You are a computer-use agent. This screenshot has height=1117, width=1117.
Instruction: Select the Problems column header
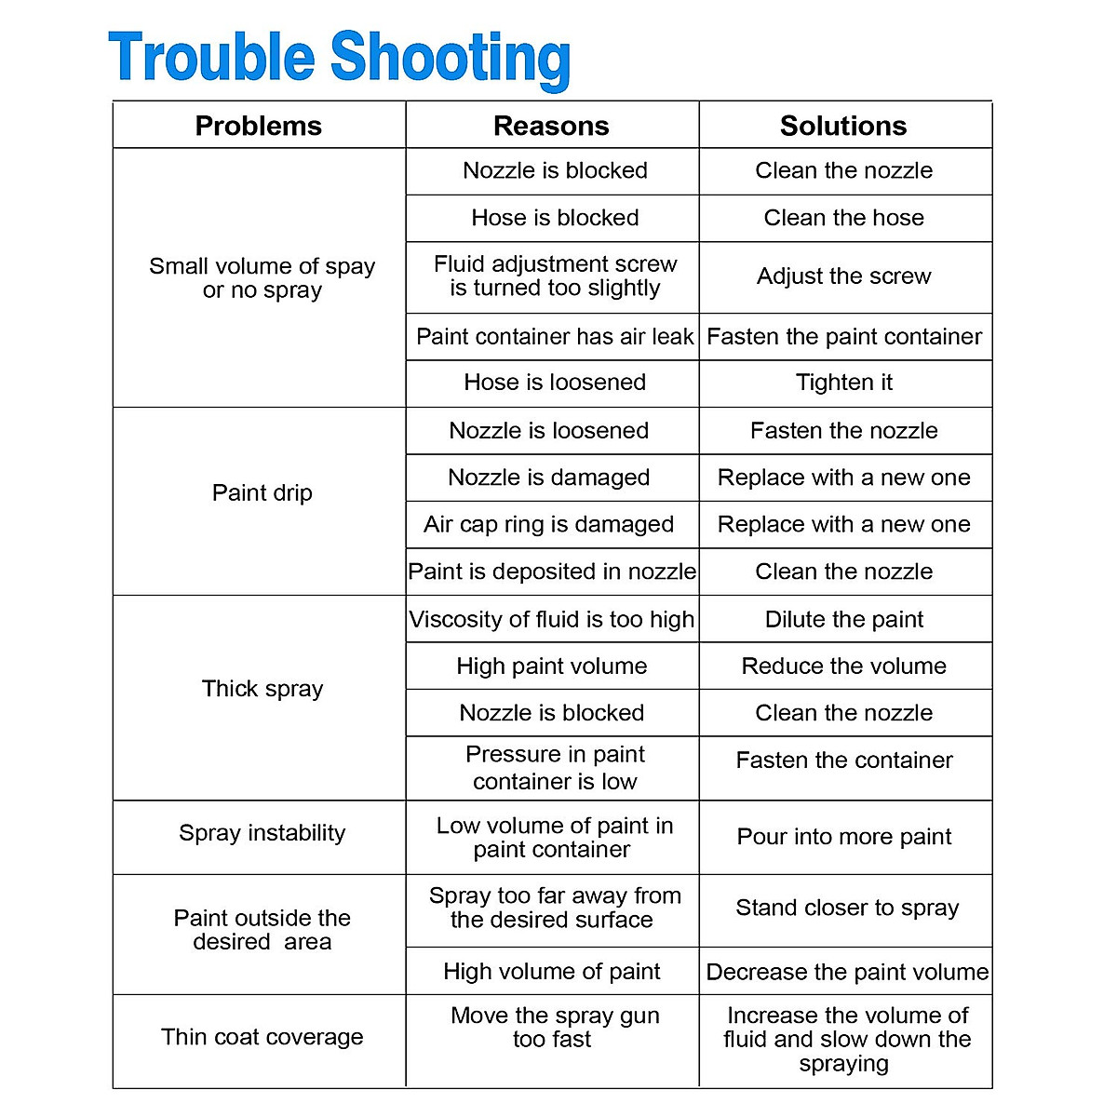259,126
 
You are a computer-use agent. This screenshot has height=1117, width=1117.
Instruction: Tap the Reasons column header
551,126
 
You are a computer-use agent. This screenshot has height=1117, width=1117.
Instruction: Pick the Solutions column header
843,126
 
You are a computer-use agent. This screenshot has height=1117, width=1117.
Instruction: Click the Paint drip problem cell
262,492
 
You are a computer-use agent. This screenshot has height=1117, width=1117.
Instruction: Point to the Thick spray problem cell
262,689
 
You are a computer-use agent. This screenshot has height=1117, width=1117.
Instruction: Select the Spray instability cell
262,833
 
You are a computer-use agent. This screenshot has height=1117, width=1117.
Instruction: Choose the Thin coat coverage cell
262,1037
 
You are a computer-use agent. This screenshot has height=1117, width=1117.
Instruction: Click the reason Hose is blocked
555,218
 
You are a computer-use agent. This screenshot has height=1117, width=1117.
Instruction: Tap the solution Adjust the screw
843,276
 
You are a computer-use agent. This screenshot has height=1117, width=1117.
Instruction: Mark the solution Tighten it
843,383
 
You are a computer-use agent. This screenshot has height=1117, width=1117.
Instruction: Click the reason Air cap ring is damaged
549,524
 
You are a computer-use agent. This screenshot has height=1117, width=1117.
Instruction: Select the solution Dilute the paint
843,620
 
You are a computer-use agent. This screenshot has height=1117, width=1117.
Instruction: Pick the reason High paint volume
552,666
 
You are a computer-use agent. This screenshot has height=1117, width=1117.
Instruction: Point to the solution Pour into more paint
843,837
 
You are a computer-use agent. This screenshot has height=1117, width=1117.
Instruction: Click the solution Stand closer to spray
847,908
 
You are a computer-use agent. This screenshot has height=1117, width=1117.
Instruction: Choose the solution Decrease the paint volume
847,972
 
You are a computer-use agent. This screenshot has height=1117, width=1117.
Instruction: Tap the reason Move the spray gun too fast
554,1028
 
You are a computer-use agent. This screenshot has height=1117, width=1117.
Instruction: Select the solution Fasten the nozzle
843,431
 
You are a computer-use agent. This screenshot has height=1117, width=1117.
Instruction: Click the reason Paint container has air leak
555,337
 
